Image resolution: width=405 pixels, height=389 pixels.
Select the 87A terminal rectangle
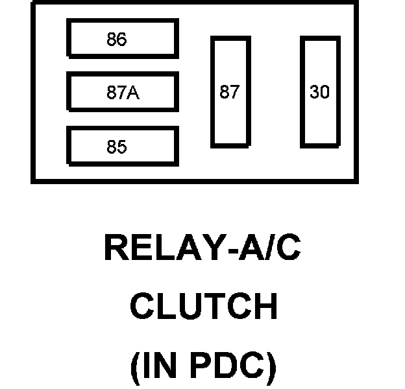122,93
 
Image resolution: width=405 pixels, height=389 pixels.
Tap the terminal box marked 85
122,147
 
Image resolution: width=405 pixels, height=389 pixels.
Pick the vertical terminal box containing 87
229,92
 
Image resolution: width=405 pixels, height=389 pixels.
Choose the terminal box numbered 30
319,92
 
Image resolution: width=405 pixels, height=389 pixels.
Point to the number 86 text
117,40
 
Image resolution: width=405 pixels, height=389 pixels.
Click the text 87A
123,93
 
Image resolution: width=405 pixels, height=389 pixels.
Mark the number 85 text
117,147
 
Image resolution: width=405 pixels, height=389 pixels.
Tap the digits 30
319,92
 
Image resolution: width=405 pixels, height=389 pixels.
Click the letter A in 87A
132,93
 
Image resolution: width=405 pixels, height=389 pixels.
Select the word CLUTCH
204,307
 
